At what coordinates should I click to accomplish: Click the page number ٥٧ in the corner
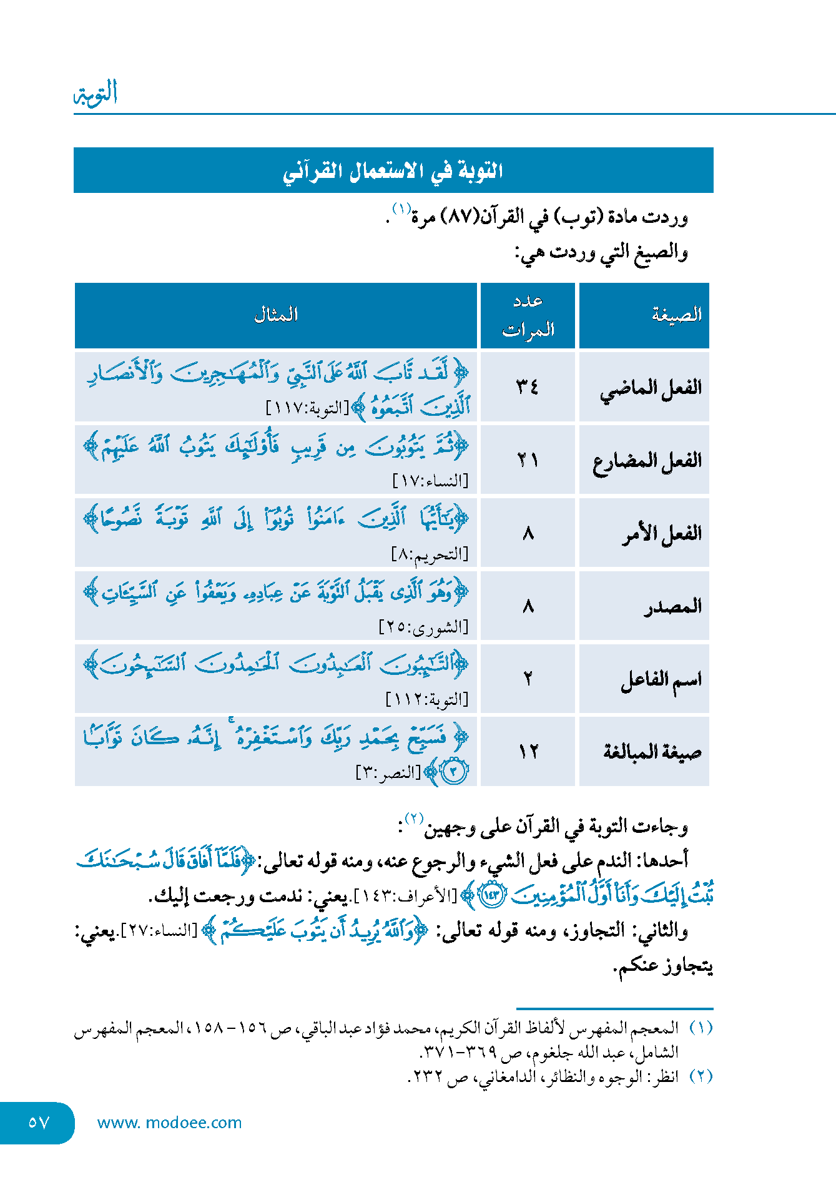point(38,1123)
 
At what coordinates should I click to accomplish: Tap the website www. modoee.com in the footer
point(169,1123)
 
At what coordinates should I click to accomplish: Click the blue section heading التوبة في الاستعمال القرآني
point(393,170)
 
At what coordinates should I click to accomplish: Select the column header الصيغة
point(677,315)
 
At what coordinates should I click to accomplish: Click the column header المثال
point(275,315)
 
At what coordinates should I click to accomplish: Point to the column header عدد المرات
point(528,315)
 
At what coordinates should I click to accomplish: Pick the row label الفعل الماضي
point(651,388)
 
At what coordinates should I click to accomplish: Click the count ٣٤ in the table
point(528,387)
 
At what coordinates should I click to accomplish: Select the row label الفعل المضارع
point(647,461)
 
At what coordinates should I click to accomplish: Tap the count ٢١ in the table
point(528,460)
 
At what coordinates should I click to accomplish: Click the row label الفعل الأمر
point(662,534)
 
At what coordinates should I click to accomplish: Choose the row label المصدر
point(673,606)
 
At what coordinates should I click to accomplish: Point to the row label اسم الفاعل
point(661,679)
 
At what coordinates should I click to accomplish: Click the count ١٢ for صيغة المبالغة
point(528,752)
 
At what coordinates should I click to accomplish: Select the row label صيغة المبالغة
point(652,752)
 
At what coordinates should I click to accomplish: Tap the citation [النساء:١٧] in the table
point(430,481)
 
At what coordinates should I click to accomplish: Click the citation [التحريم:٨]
point(430,554)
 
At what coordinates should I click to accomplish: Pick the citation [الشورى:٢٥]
point(423,626)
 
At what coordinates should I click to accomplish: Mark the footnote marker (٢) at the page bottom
point(701,1076)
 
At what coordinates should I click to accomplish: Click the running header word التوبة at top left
point(96,94)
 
